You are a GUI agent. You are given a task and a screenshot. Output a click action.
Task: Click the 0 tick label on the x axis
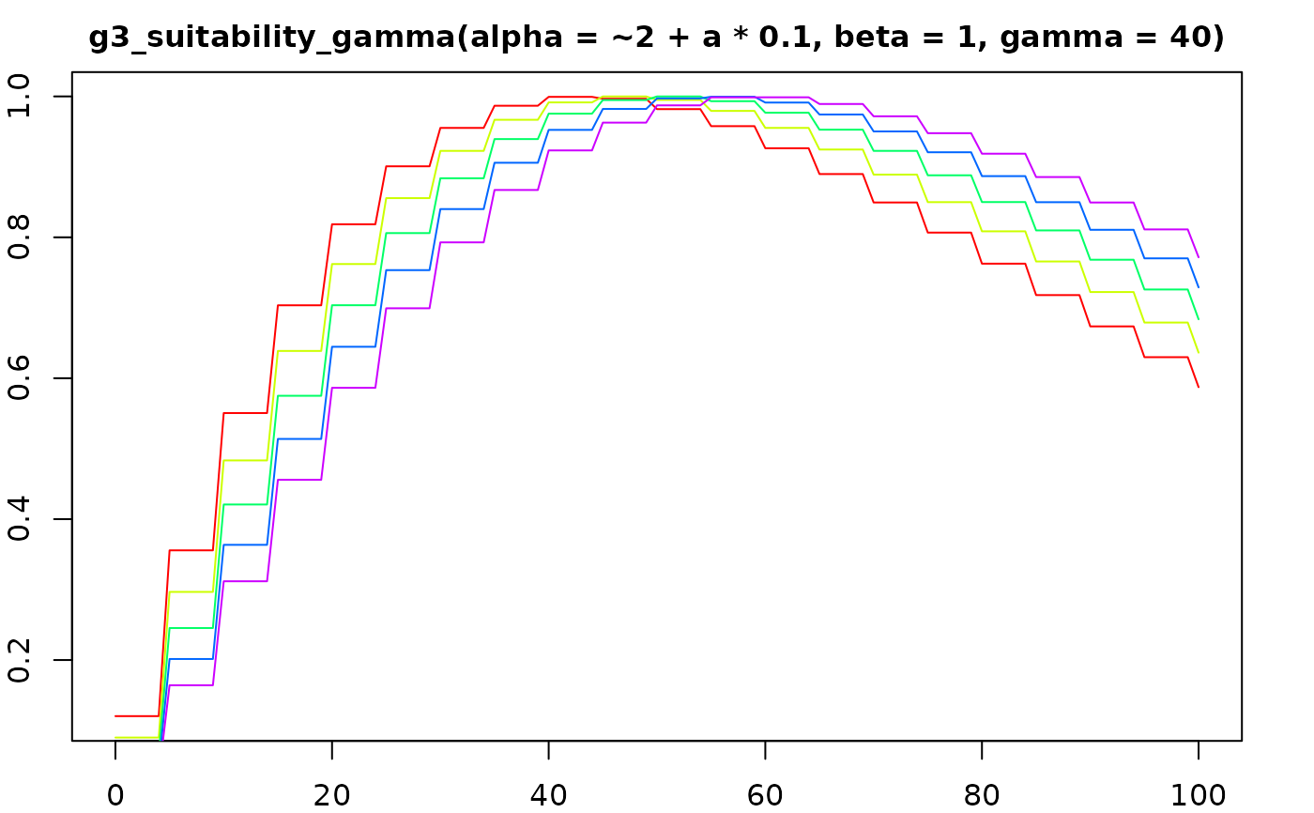point(115,795)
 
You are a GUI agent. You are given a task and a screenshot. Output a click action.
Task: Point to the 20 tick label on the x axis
point(332,795)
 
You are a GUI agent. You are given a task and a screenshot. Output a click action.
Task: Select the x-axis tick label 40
point(548,795)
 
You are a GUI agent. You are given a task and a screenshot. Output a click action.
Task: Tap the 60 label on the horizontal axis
point(765,795)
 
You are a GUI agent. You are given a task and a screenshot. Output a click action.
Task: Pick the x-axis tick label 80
point(982,795)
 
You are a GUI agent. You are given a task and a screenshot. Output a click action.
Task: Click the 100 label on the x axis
point(1198,795)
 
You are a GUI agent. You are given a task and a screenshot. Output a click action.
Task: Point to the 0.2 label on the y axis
point(21,660)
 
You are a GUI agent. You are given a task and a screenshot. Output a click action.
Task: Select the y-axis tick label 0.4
point(21,519)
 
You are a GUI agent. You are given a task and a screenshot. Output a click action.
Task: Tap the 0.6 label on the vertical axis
point(21,378)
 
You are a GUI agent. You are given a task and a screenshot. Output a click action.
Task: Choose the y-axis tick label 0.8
point(21,238)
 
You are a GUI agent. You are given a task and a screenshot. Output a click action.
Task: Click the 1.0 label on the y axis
point(21,97)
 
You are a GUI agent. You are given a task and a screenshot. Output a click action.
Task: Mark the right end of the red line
point(1199,387)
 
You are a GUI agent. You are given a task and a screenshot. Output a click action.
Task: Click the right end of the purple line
point(1199,257)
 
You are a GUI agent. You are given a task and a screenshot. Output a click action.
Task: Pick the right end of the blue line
point(1199,287)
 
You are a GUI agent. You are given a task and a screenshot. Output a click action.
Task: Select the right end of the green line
point(1199,319)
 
